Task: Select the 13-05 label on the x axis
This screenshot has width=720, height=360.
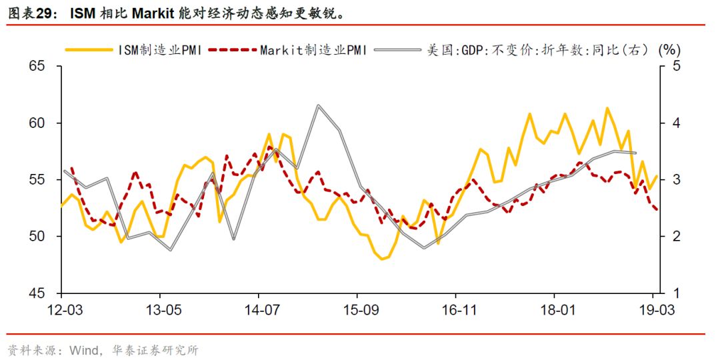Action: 160,311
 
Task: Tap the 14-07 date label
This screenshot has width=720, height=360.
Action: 259,311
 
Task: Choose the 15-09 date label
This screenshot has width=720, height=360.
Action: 357,311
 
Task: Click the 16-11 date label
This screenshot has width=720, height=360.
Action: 455,311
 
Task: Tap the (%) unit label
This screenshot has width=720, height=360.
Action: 668,49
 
